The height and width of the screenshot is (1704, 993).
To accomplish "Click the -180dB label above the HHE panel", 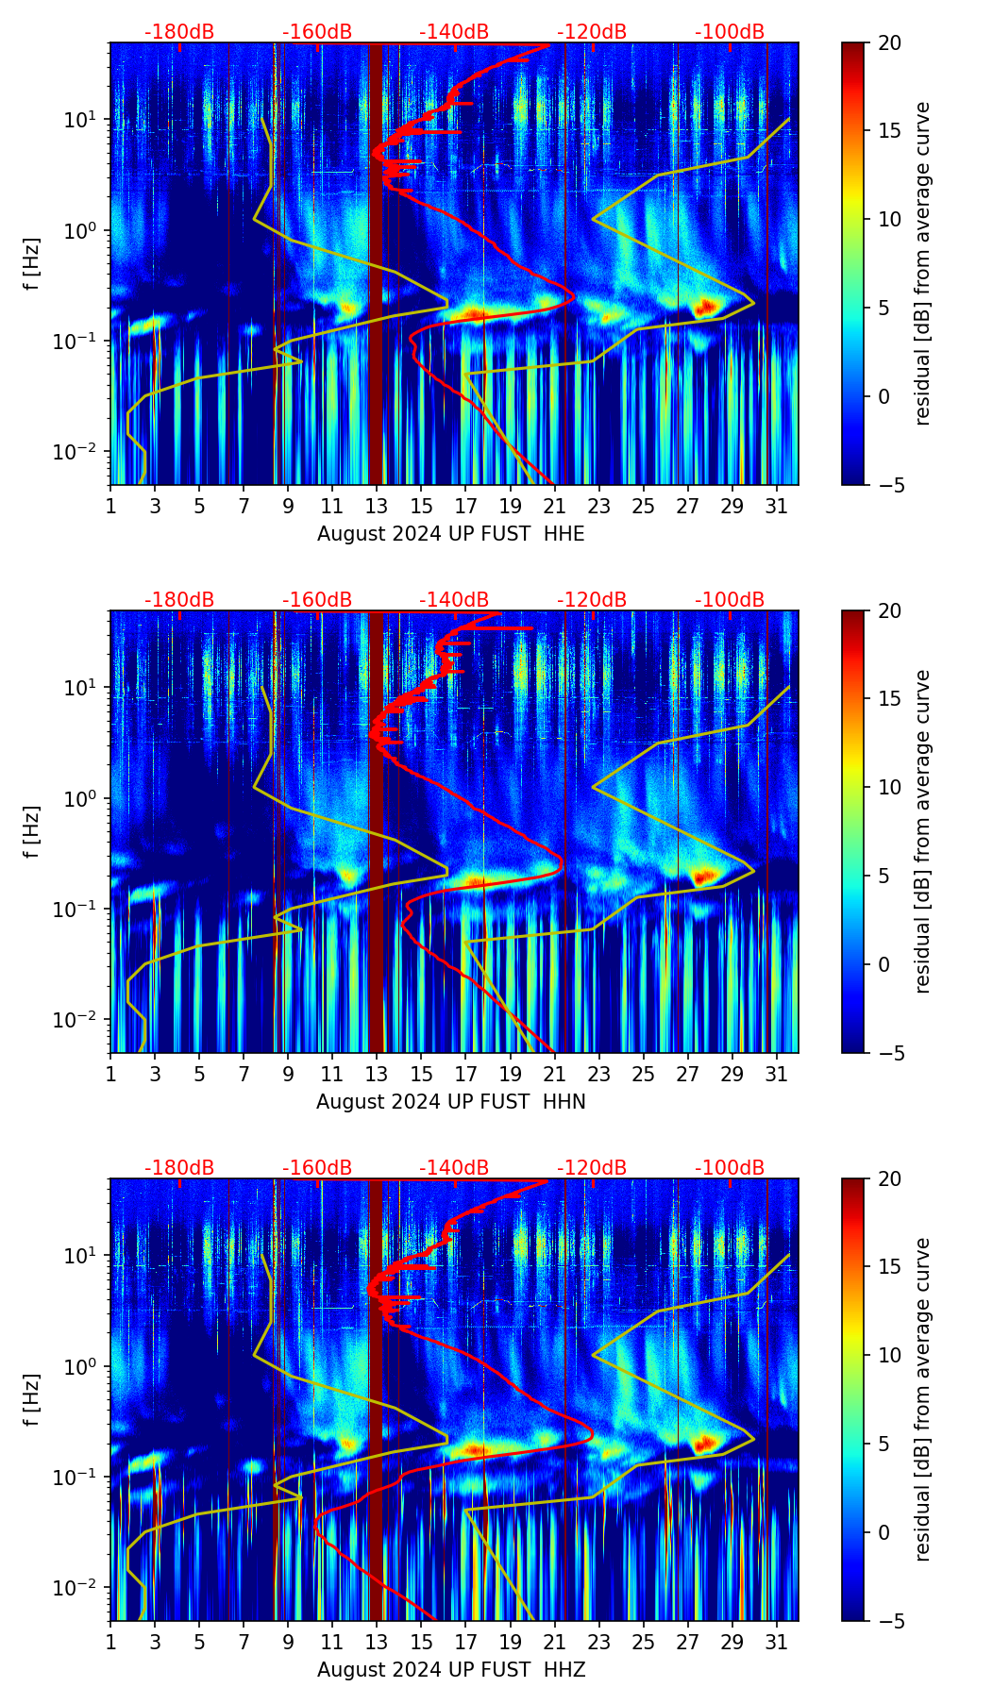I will (x=179, y=32).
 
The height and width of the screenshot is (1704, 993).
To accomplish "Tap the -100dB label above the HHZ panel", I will (x=730, y=1168).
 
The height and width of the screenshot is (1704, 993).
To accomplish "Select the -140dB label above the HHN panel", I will (x=454, y=600).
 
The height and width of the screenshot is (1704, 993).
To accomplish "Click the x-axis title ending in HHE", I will (x=450, y=534).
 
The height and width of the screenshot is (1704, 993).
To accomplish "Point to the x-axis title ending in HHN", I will (x=450, y=1102).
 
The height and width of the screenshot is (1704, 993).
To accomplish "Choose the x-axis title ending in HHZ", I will (x=450, y=1670).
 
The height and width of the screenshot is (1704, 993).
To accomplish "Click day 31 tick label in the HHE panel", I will (x=777, y=507).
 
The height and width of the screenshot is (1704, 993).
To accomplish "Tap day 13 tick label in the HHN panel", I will (x=377, y=1075).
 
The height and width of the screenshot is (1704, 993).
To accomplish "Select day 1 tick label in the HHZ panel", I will (x=111, y=1643).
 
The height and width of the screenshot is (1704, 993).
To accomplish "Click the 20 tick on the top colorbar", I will (x=889, y=43).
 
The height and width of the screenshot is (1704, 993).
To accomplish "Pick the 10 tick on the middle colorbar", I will (x=889, y=787).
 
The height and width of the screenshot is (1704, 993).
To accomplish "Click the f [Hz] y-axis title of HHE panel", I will (x=32, y=264).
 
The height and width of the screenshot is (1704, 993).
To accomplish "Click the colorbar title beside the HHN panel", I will (x=923, y=831).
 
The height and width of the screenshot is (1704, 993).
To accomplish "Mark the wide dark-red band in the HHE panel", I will (x=376, y=264).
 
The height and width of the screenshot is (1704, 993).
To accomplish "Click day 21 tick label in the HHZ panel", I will (x=554, y=1643).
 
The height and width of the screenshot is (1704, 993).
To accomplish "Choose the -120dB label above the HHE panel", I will (x=592, y=32).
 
